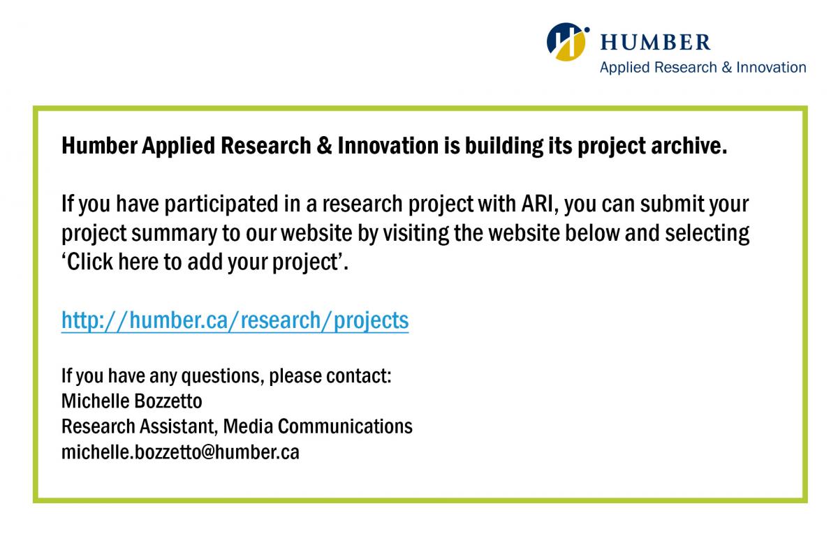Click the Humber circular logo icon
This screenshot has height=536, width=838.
tap(568, 41)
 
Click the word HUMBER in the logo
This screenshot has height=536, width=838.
tap(656, 42)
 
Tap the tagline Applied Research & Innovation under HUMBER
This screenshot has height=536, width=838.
tap(703, 68)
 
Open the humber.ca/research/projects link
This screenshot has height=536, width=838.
tap(235, 320)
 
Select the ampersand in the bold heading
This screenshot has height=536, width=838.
tap(324, 145)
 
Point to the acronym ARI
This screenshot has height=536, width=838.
tap(537, 204)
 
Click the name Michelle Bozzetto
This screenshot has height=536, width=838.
tap(132, 401)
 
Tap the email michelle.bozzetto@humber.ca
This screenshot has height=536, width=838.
tap(180, 452)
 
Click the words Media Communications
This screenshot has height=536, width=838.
tap(318, 426)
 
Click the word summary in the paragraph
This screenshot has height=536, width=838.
tap(174, 234)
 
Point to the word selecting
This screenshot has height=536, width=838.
tap(707, 234)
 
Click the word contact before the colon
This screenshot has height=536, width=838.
tap(356, 376)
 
